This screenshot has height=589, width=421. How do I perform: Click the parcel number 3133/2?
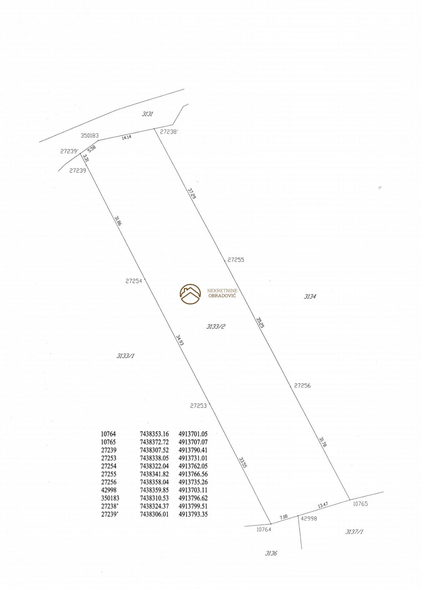pos(216,326)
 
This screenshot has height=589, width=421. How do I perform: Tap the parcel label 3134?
pos(310,297)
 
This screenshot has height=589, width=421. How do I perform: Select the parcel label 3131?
pos(147,114)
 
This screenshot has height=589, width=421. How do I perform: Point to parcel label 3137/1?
pos(354,532)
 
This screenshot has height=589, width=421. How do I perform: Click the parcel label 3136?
pos(271,553)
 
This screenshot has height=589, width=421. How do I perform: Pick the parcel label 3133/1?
pos(125,356)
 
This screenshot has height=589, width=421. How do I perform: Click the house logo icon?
pos(190,294)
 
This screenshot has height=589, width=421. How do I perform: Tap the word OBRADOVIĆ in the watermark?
pos(222,296)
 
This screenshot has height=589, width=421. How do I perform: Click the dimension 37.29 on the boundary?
pos(192,193)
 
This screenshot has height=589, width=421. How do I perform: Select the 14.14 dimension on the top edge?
pos(126,138)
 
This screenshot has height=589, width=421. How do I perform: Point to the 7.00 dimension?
pos(283,517)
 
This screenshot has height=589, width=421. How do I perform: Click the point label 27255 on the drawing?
pos(236,260)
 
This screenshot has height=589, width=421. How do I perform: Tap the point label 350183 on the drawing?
pos(90,135)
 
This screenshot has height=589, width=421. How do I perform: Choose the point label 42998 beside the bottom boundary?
pos(309,519)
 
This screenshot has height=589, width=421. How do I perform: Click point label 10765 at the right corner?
pos(360,504)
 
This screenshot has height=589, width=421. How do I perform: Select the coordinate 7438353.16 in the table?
pos(154,434)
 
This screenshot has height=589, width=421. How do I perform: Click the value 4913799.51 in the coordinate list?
pos(193,506)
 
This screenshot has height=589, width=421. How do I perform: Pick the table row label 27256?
pos(108,482)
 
